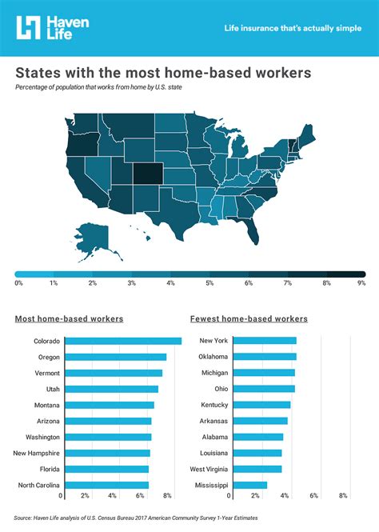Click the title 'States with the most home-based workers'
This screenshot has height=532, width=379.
pos(163,73)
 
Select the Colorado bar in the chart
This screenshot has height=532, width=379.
pos(121,342)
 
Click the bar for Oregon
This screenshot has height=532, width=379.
pos(114,357)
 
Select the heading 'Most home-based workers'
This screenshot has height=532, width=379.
pos(69,318)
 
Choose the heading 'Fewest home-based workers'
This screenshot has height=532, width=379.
pos(249,318)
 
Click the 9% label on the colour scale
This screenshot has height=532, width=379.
pos(361,283)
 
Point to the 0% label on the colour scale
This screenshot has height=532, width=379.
pos(18,283)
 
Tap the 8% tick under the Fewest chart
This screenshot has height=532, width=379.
pos(343,496)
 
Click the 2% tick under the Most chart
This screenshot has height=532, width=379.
pos(85,496)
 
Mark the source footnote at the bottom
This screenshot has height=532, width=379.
pos(136,518)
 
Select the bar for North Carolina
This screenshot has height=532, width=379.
pos(105,485)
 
